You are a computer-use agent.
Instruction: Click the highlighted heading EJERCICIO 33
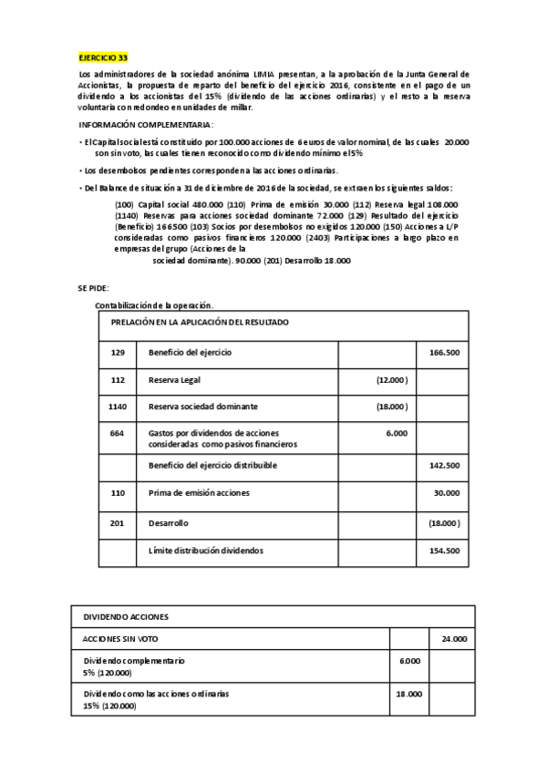click(103, 57)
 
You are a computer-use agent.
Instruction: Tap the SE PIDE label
click(94, 288)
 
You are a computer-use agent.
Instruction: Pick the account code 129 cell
click(117, 352)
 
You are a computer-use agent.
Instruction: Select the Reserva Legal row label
click(173, 379)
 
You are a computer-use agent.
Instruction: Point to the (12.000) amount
click(392, 379)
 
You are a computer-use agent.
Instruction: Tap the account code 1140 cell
click(117, 406)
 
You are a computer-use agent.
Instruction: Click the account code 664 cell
click(117, 433)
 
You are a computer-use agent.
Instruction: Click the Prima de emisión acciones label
click(199, 492)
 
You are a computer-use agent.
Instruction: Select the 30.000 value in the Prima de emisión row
click(446, 492)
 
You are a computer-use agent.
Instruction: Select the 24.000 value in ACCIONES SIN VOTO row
click(452, 640)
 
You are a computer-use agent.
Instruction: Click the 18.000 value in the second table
click(408, 694)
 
